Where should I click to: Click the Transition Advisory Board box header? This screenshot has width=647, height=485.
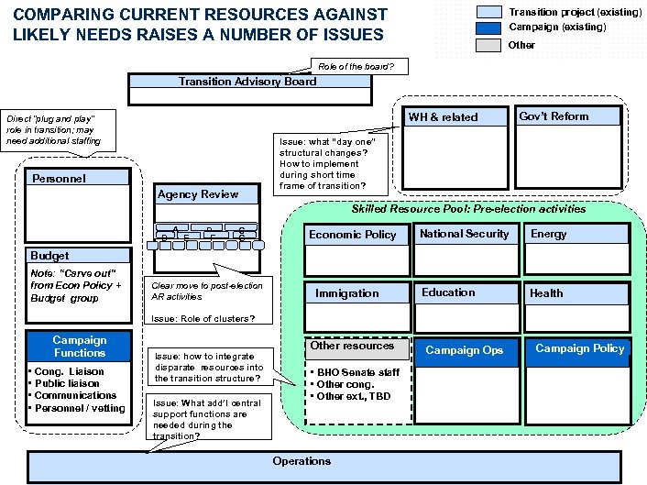coord(248,82)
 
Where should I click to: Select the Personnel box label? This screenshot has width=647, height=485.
coord(59,179)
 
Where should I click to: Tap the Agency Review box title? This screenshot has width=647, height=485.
coord(198,194)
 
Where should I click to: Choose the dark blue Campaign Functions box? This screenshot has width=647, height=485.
coord(80,347)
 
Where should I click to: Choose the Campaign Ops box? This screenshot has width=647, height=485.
coord(465,350)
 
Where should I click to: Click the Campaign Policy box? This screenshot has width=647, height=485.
coord(579,349)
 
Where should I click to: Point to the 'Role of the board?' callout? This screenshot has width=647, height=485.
coord(355,67)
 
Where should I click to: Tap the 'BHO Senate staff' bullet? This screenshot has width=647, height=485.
coord(358,373)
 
